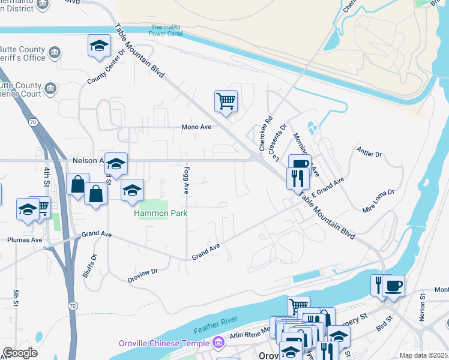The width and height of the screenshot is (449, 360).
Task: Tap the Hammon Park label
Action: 160,213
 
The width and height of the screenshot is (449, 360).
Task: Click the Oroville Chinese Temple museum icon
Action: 218,343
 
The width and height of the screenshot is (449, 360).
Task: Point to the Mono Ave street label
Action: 197,127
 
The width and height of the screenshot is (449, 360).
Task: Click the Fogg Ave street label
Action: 187,180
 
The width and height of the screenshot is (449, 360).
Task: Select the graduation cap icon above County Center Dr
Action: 99,46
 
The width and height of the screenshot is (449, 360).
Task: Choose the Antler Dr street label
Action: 369,154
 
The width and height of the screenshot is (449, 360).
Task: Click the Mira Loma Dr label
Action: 378,201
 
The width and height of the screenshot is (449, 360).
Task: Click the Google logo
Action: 20,353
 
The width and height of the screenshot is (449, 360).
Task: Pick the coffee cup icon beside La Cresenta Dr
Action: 299,164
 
